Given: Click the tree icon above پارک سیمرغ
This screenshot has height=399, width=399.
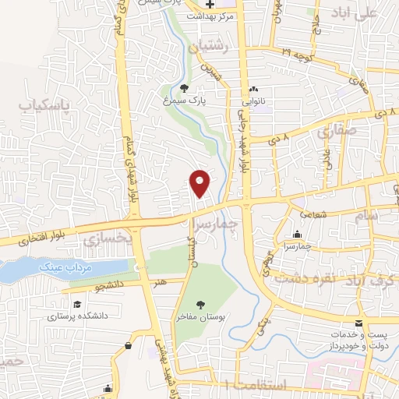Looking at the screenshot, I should pyautogui.click(x=184, y=88).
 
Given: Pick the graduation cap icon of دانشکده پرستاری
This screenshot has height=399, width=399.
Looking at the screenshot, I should pyautogui.click(x=77, y=304).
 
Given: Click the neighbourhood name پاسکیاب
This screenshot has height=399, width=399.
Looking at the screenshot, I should pyautogui.click(x=45, y=104).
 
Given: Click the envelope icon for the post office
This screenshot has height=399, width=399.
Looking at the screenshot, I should pyautogui.click(x=358, y=323).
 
